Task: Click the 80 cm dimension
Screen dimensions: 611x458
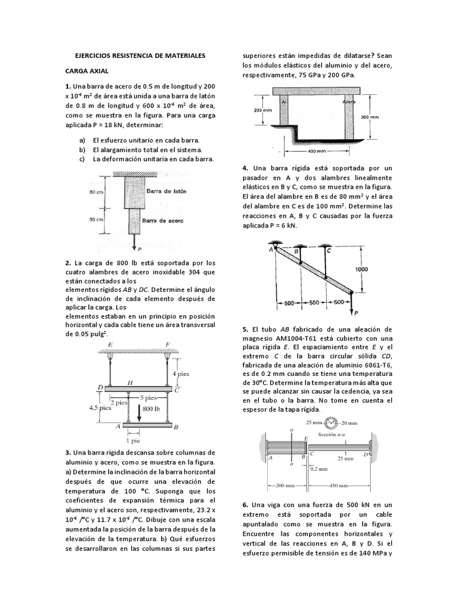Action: (x=96, y=192)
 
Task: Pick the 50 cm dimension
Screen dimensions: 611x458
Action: (x=96, y=220)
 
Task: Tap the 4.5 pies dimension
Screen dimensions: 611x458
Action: (x=97, y=408)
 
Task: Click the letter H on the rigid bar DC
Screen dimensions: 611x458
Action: (x=129, y=381)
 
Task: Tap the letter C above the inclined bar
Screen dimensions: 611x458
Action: (x=328, y=252)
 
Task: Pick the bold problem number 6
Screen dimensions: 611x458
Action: (x=245, y=505)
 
